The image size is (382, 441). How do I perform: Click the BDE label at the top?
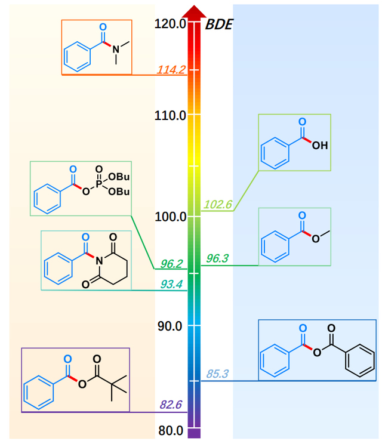[x=219, y=24]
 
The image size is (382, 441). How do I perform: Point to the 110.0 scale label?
[x=170, y=115]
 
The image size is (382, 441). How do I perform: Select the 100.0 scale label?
[x=170, y=216]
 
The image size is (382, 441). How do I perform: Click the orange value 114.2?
[x=171, y=70]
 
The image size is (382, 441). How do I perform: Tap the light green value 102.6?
[x=217, y=205]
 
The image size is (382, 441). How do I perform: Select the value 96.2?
[x=171, y=264]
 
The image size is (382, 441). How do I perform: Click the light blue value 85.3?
[x=217, y=374]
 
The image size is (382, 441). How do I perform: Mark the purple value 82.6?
[x=171, y=405]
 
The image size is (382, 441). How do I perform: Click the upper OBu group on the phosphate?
[x=120, y=177]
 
